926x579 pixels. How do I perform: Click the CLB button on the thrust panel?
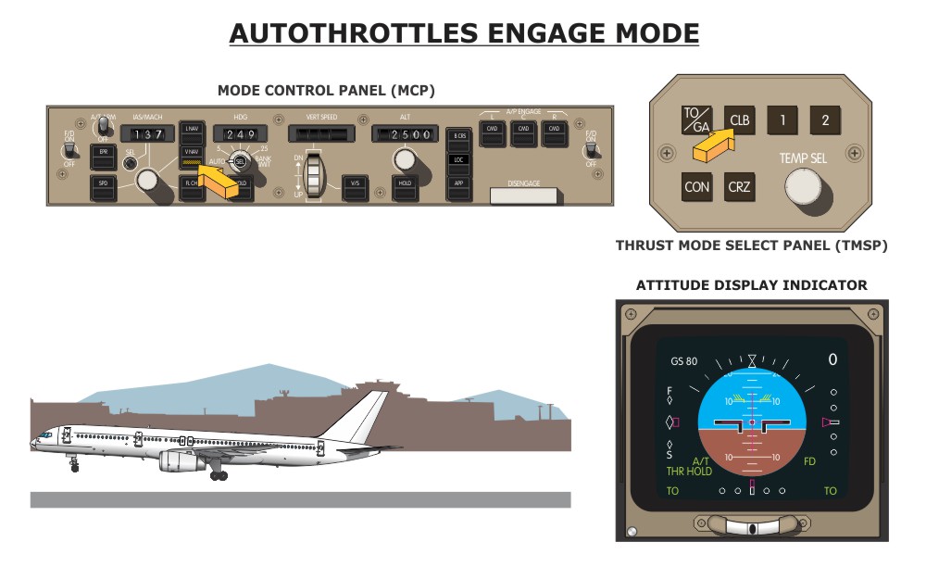tap(740, 120)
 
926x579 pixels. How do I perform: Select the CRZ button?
tap(739, 187)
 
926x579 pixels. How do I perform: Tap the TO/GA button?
tap(695, 120)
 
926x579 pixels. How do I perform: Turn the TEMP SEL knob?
tap(803, 189)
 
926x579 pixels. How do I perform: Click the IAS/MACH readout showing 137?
tap(146, 135)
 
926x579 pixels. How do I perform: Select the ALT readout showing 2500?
tap(404, 135)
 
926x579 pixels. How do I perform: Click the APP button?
tap(457, 183)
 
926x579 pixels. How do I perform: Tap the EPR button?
tap(104, 151)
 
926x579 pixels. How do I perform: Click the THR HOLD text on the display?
tap(689, 472)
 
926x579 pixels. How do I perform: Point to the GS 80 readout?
tap(684, 361)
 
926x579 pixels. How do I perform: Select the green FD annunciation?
tap(809, 460)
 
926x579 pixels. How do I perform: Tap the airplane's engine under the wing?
tap(182, 460)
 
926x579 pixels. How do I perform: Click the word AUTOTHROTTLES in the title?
tap(354, 34)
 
